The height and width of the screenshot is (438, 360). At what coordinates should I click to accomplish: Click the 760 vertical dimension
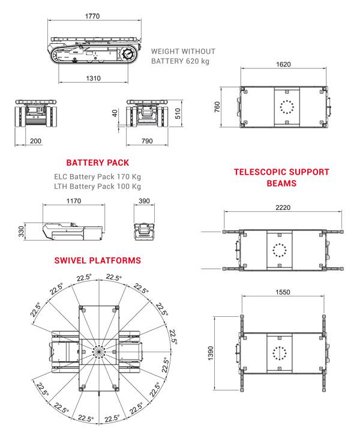coord(217,106)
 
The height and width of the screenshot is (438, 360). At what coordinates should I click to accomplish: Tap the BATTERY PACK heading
coord(98,163)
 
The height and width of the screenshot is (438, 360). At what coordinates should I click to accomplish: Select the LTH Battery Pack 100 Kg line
coord(97,187)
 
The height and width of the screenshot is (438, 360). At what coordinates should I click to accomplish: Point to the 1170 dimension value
coord(73,202)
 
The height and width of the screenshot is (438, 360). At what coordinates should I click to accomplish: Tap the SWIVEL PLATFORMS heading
coord(97,260)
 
